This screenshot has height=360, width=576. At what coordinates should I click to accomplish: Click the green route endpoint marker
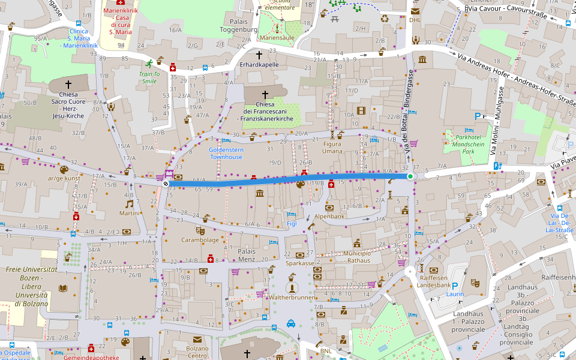coord(410,176)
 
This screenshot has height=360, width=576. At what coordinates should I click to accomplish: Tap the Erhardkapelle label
coord(259,64)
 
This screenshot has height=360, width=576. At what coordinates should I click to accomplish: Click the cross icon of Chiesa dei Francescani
coord(265,94)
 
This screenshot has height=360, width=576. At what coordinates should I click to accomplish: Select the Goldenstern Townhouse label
coord(226,153)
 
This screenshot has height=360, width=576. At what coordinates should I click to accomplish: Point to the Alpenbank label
coord(329,215)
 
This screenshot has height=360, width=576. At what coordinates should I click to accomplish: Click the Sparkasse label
coord(301,263)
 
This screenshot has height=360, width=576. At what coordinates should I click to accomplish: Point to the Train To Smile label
coord(148,77)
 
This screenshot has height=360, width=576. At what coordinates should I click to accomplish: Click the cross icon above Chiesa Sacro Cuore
coord(68,85)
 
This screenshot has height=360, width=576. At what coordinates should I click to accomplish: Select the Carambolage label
coord(200,239)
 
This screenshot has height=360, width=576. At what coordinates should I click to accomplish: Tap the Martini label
coord(129,213)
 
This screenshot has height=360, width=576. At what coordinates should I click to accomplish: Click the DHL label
coord(415,20)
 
